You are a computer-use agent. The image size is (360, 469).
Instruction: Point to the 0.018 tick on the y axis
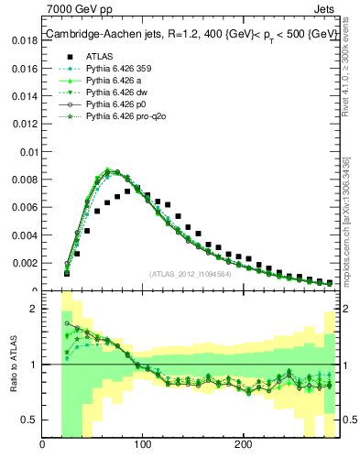[x=26, y=41]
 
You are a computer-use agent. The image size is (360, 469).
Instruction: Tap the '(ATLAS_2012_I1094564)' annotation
[x=191, y=273]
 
